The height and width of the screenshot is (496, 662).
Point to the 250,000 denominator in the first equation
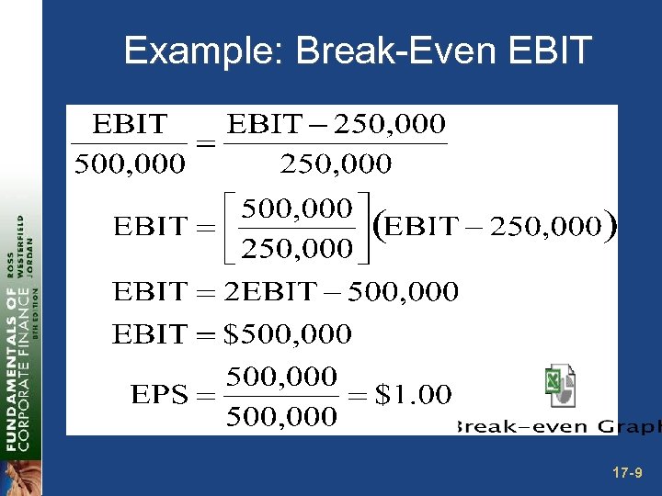click(x=336, y=164)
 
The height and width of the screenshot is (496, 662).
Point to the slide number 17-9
click(x=627, y=473)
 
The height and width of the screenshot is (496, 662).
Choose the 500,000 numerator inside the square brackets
click(x=296, y=208)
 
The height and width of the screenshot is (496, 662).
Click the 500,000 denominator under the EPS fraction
click(x=281, y=417)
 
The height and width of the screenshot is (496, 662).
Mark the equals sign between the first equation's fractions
click(x=205, y=145)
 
